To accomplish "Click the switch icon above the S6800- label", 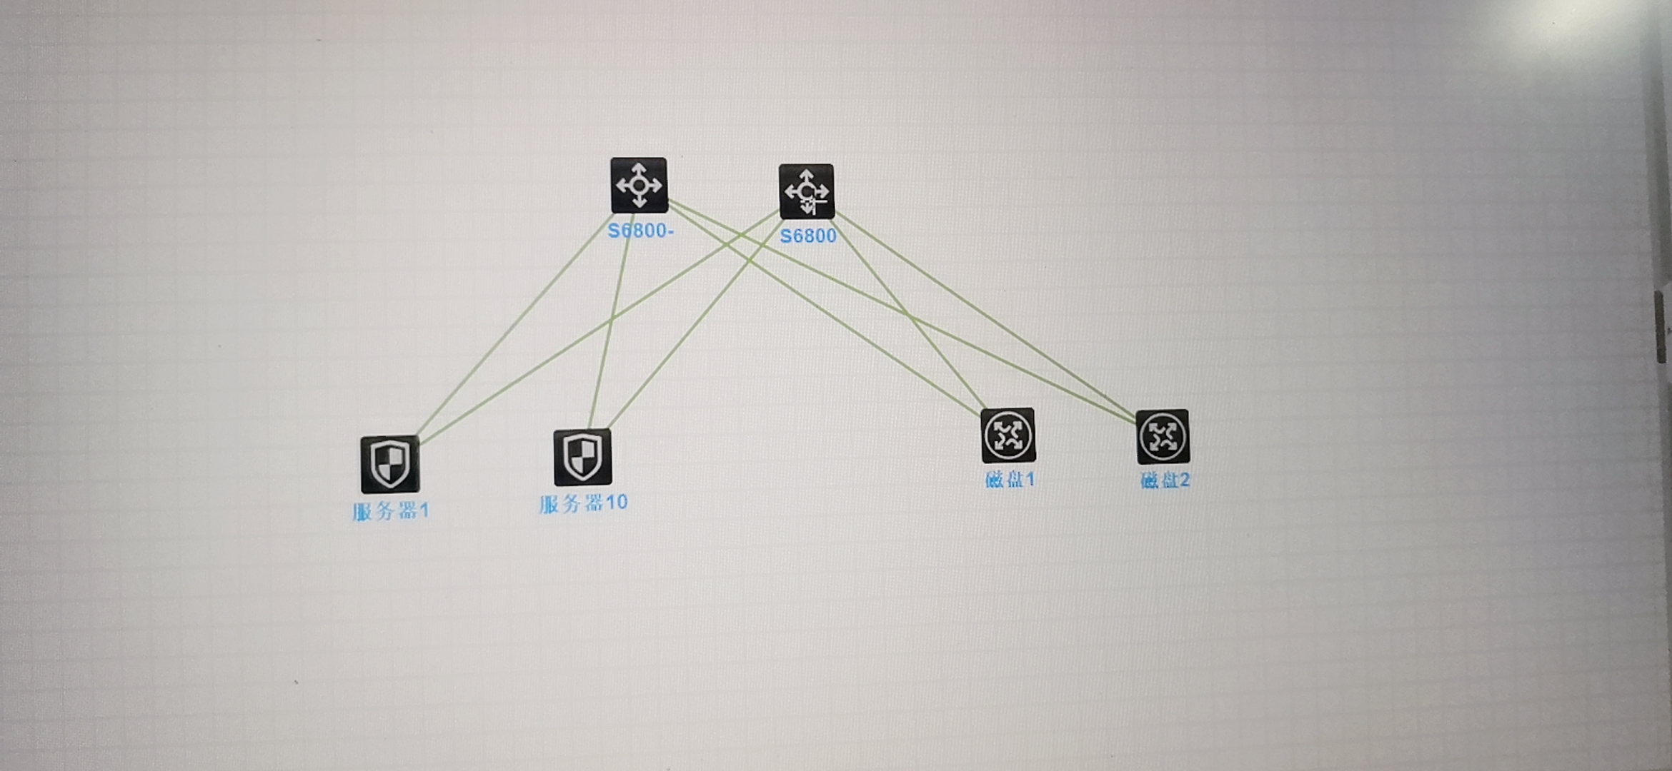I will [639, 186].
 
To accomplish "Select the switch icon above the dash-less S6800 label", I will [806, 191].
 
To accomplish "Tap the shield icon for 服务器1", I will [389, 464].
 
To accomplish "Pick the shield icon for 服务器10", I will [582, 457].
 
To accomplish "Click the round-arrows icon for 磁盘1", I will [1007, 435].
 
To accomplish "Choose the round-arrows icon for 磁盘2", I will [1163, 437].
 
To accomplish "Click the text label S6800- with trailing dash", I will [640, 231].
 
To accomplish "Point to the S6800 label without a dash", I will [807, 236].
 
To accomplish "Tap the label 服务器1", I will [390, 511].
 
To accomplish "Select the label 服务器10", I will [583, 503].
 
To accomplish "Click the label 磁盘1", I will [1009, 480].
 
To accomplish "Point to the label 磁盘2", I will [1165, 480].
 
